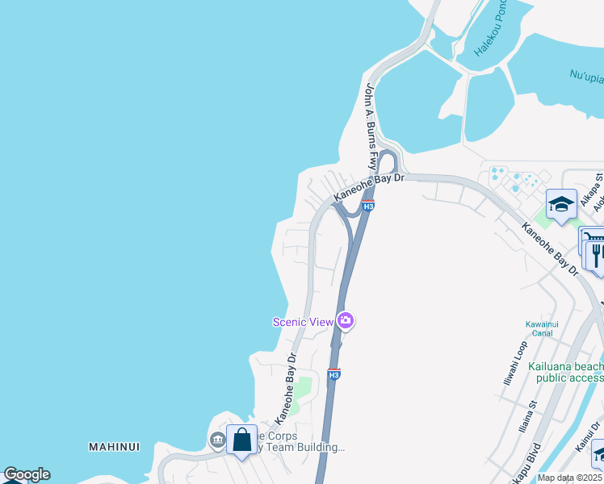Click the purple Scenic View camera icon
[346, 321]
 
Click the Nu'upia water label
[586, 77]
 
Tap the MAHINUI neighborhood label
[114, 446]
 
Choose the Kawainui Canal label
[542, 329]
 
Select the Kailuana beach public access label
[565, 372]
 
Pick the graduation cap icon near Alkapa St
[560, 203]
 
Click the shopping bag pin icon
[241, 440]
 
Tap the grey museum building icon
[217, 440]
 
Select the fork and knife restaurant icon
[598, 255]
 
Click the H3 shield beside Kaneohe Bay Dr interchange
[368, 206]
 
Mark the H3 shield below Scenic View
[333, 374]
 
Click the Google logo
[27, 474]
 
